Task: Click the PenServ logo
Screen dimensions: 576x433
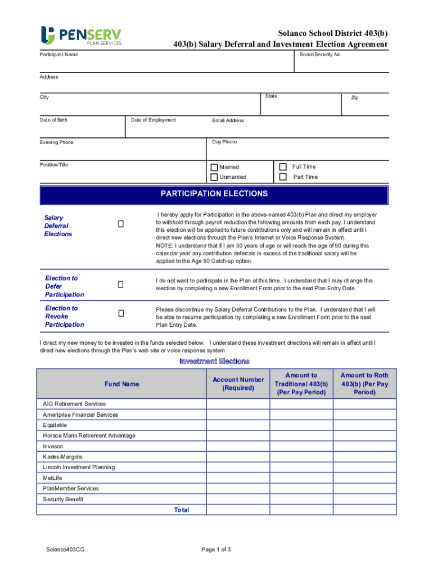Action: pos(81,35)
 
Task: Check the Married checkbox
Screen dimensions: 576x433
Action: pos(214,167)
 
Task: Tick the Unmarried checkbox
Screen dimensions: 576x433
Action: pos(214,177)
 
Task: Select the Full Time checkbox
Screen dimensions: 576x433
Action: pos(283,166)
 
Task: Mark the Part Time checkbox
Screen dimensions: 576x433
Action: pos(283,177)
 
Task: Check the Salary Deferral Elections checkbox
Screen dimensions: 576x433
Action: pos(120,224)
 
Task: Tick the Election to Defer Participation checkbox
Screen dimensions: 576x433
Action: pos(120,285)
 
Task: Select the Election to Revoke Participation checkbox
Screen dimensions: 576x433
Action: pos(120,313)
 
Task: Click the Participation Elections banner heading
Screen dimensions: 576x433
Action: pos(214,194)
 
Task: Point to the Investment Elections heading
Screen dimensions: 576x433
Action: pos(214,361)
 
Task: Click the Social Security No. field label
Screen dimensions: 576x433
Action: pos(321,55)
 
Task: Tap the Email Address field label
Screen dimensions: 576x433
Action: pos(228,120)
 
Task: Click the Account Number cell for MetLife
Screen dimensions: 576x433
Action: pos(238,478)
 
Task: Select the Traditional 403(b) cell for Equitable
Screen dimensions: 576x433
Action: pos(301,425)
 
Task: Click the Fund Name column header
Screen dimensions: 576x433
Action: pos(121,384)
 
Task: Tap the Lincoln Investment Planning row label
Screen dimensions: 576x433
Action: pos(79,467)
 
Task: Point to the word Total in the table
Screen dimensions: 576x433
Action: pos(182,510)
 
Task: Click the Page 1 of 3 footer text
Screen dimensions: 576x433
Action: pos(216,550)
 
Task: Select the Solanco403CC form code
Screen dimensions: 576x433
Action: pos(66,550)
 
